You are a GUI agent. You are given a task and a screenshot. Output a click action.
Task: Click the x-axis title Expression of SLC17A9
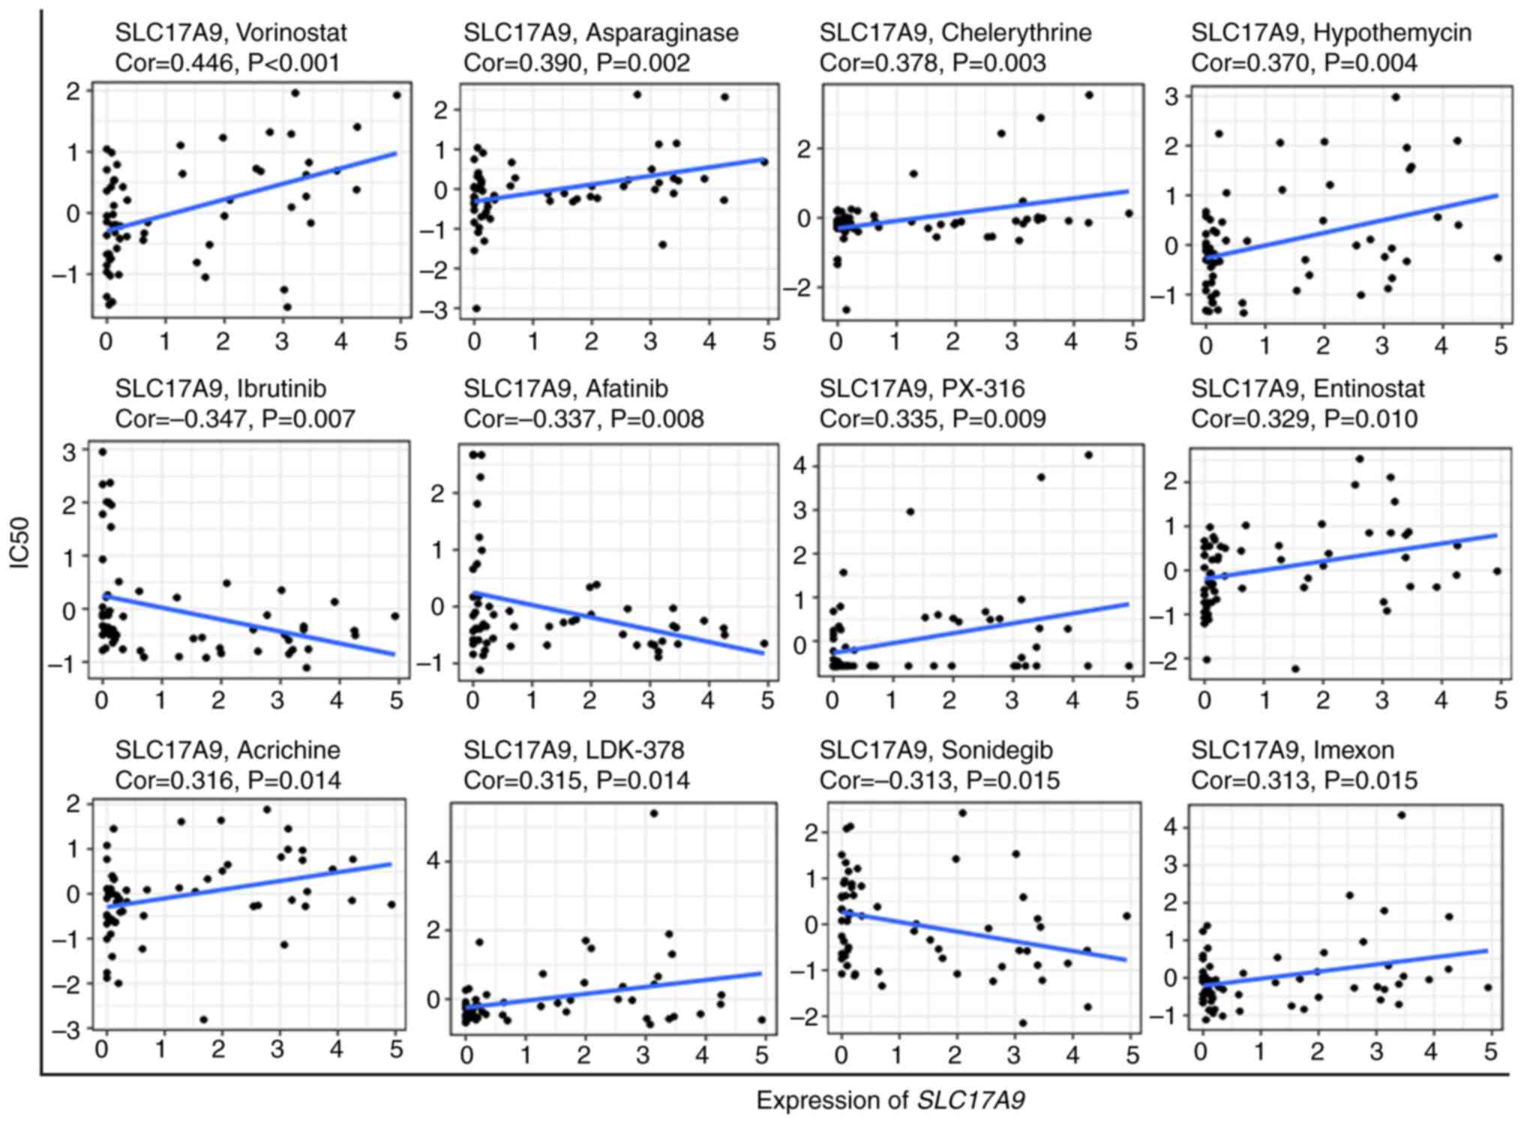pyautogui.click(x=890, y=1100)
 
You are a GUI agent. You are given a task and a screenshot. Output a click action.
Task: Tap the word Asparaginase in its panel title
pyautogui.click(x=662, y=33)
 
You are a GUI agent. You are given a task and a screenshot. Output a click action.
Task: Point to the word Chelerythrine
pyautogui.click(x=1016, y=33)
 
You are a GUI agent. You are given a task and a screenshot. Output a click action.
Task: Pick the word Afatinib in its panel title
pyautogui.click(x=627, y=389)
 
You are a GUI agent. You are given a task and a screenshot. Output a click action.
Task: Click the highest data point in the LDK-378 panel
pyautogui.click(x=653, y=813)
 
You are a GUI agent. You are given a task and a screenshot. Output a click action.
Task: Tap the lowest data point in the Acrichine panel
pyautogui.click(x=203, y=1019)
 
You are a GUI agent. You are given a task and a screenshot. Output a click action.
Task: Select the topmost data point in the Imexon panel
pyautogui.click(x=1401, y=815)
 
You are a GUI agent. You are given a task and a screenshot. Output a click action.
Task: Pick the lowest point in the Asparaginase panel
pyautogui.click(x=476, y=308)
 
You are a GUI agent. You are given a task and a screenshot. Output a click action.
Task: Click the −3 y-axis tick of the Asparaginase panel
pyautogui.click(x=436, y=309)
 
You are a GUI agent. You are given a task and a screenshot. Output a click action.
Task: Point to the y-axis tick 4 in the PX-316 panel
pyautogui.click(x=800, y=466)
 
